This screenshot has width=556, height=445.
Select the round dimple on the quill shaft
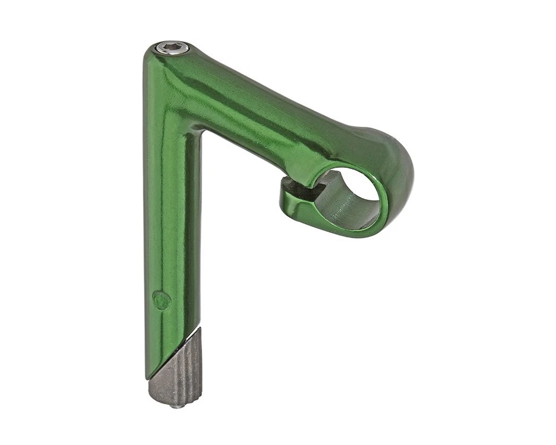pos(162,300)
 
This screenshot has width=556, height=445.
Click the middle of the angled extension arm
pos(272,116)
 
